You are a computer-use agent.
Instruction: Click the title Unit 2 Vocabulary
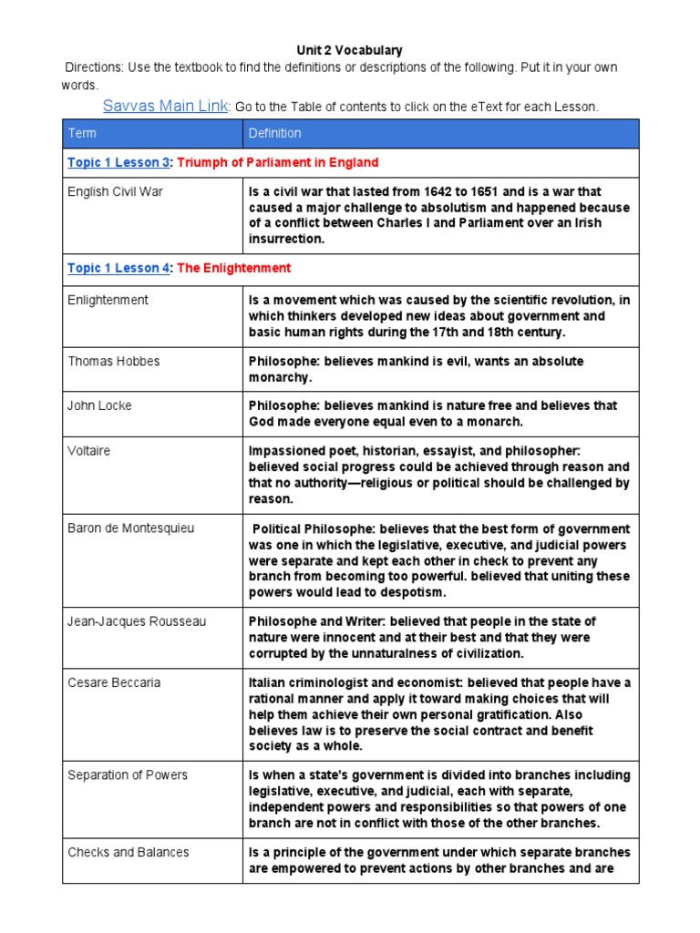pos(349,50)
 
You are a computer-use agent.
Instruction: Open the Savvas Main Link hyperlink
pos(165,106)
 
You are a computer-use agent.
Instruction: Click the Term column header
pos(82,133)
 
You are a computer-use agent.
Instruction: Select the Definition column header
pos(274,133)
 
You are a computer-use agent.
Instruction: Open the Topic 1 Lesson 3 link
pos(118,162)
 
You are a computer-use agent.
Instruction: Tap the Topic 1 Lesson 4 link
pos(118,268)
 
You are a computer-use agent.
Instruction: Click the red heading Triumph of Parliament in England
pos(277,162)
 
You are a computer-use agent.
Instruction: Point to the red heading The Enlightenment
pos(234,268)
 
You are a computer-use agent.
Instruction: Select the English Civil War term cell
pos(115,192)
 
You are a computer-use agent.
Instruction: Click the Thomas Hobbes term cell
pos(113,362)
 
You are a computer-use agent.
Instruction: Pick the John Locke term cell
pos(99,405)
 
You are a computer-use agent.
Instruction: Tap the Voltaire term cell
pos(88,450)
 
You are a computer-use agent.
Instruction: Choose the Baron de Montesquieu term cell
pos(130,528)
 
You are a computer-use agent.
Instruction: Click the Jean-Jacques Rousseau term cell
pos(137,621)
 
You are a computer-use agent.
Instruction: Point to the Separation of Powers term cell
pos(128,775)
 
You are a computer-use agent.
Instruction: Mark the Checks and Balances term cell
pos(129,853)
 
